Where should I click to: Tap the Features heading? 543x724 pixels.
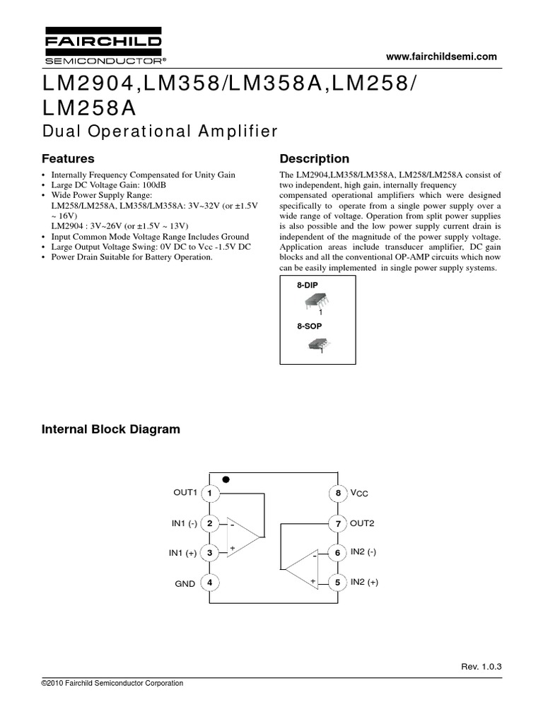[x=68, y=158]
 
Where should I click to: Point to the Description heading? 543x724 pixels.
[x=315, y=158]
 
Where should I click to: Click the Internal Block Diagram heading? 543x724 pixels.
[x=111, y=429]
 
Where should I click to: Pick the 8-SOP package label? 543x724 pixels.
[x=308, y=327]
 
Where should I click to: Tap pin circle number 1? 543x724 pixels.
[x=209, y=492]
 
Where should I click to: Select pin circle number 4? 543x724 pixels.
[x=209, y=582]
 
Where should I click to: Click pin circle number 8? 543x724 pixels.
[x=337, y=492]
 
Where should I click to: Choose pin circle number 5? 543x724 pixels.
[x=337, y=582]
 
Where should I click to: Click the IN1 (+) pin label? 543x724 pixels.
[x=183, y=553]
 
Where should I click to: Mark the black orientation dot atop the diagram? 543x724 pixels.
[x=226, y=479]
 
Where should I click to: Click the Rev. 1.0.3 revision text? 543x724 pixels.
[x=485, y=666]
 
